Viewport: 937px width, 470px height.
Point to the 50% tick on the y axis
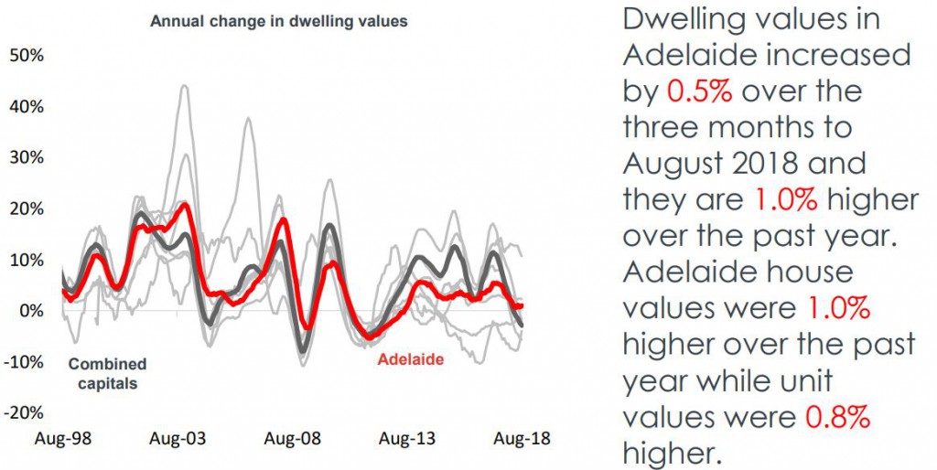coord(27,55)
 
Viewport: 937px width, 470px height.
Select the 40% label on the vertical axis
coord(27,106)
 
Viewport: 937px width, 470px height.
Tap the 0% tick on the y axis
coord(31,311)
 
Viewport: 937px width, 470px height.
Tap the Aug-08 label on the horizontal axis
coord(294,440)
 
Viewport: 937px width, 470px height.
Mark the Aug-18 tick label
coord(522,440)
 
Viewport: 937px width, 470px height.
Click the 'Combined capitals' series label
coord(107,374)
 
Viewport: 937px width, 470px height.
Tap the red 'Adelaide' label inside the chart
coord(411,359)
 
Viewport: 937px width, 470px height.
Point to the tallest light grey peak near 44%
coord(184,86)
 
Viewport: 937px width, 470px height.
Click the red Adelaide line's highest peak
coord(186,205)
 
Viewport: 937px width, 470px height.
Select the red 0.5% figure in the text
coord(700,91)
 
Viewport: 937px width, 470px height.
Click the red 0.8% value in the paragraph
coord(836,417)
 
